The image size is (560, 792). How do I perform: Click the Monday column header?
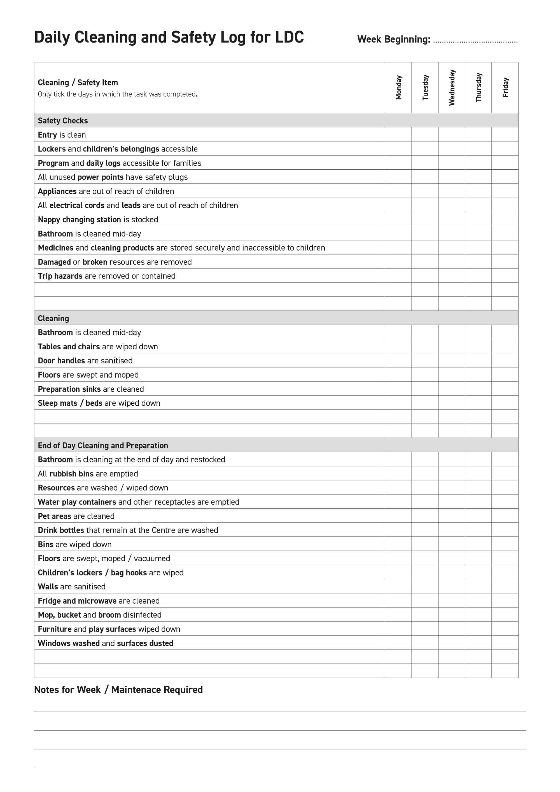click(x=398, y=88)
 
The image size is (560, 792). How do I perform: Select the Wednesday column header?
click(x=452, y=88)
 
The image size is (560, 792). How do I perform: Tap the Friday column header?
click(x=505, y=88)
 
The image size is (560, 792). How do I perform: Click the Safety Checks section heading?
click(x=63, y=120)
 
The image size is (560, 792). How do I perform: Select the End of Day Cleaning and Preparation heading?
click(x=103, y=445)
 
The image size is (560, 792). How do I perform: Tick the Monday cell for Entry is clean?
click(x=398, y=135)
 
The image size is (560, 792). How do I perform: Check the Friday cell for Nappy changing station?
click(x=505, y=219)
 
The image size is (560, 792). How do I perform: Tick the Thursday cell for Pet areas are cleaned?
click(x=478, y=516)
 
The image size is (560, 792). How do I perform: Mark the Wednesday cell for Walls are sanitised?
click(x=452, y=587)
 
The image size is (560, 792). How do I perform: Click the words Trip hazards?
click(x=60, y=276)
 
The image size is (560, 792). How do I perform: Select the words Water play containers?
click(x=77, y=502)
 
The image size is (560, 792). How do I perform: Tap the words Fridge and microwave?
click(x=77, y=601)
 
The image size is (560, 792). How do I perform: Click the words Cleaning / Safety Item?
click(x=78, y=82)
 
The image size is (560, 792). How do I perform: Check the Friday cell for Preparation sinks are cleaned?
click(x=505, y=389)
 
